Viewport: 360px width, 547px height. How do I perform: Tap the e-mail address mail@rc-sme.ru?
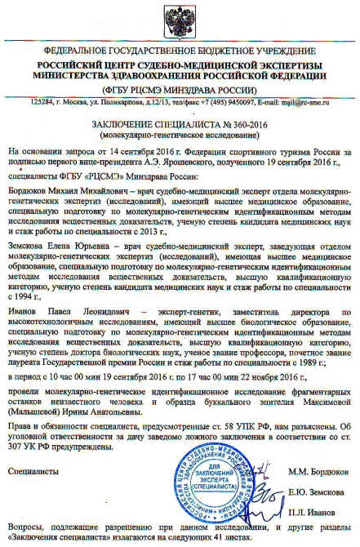[301, 101]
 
